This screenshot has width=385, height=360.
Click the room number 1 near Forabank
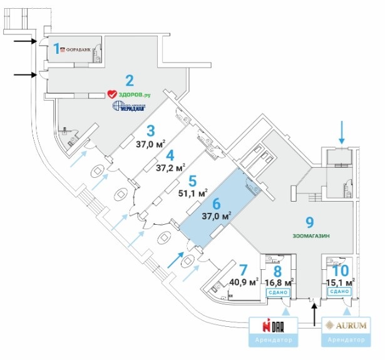tap(57, 48)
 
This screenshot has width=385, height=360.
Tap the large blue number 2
tap(130, 80)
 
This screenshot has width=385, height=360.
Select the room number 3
tap(150, 130)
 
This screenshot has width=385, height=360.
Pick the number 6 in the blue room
tap(217, 203)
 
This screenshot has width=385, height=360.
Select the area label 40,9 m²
tap(244, 282)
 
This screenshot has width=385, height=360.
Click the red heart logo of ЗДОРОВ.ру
tap(113, 95)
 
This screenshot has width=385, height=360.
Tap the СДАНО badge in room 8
tap(277, 292)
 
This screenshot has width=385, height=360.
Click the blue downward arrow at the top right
tap(341, 131)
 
